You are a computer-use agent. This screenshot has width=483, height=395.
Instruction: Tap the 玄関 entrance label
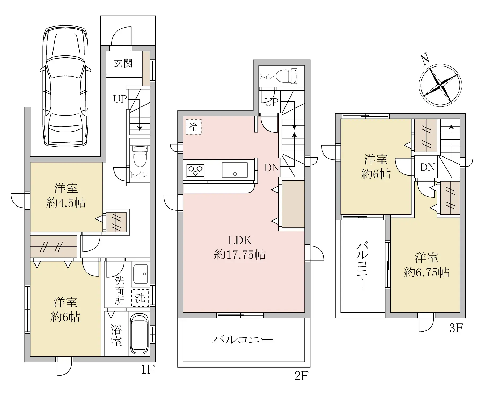123,63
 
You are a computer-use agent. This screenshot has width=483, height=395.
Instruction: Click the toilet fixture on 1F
140,156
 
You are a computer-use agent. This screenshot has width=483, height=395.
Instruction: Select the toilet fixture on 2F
286,76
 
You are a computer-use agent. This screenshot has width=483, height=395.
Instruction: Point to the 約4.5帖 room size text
66,203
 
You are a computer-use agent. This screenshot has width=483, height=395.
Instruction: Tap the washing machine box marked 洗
140,298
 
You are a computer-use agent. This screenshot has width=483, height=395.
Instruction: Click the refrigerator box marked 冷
193,127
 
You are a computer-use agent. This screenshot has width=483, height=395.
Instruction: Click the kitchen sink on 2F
235,170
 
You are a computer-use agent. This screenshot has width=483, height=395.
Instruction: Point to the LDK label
240,240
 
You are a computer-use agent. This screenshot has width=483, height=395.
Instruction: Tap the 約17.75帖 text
240,255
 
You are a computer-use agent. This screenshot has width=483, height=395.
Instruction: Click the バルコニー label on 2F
242,340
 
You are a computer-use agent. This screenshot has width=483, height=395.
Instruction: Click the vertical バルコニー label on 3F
362,266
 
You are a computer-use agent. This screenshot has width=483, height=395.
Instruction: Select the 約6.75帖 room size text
426,272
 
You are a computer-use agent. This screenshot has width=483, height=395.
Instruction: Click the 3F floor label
456,328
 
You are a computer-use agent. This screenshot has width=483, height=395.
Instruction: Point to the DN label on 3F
428,167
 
